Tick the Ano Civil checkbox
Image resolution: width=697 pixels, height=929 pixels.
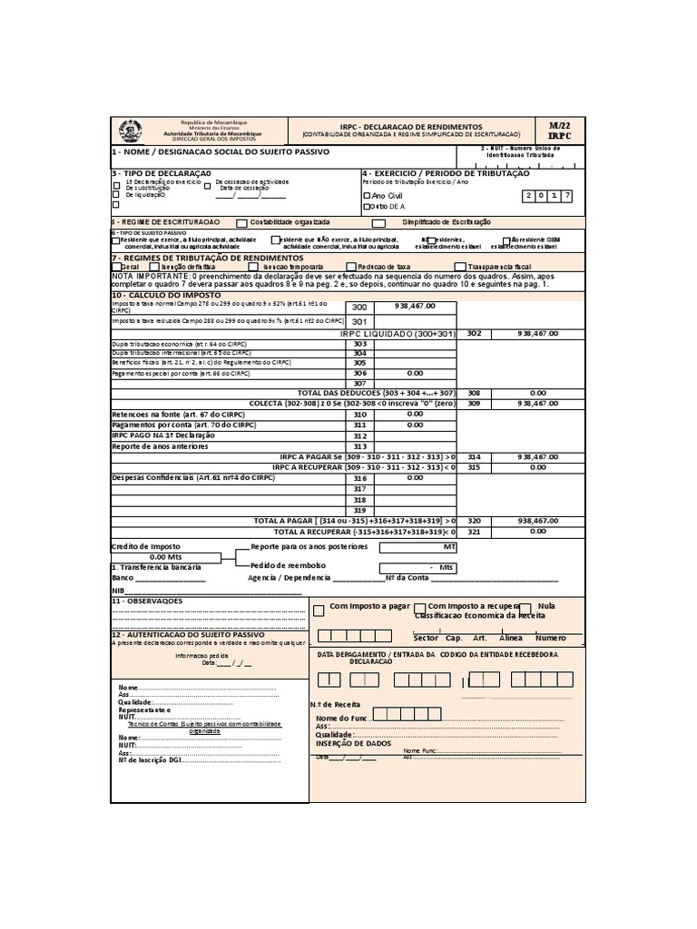[x=367, y=195]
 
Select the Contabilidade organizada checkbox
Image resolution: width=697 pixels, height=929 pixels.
[x=241, y=222]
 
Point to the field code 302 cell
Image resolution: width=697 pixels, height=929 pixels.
[x=473, y=333]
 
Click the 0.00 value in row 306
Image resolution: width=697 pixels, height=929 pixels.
[x=415, y=372]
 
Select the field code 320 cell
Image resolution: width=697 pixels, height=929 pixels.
[x=473, y=521]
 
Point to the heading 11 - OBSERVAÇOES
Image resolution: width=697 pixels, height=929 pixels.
[x=147, y=601]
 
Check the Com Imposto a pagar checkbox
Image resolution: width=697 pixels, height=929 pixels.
[x=318, y=611]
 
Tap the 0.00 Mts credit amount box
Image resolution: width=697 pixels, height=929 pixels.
[x=165, y=557]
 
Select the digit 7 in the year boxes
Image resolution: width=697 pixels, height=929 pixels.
[x=567, y=195]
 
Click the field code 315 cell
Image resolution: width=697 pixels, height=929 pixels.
[x=473, y=467]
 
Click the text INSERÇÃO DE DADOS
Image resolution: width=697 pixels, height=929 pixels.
[x=353, y=743]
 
